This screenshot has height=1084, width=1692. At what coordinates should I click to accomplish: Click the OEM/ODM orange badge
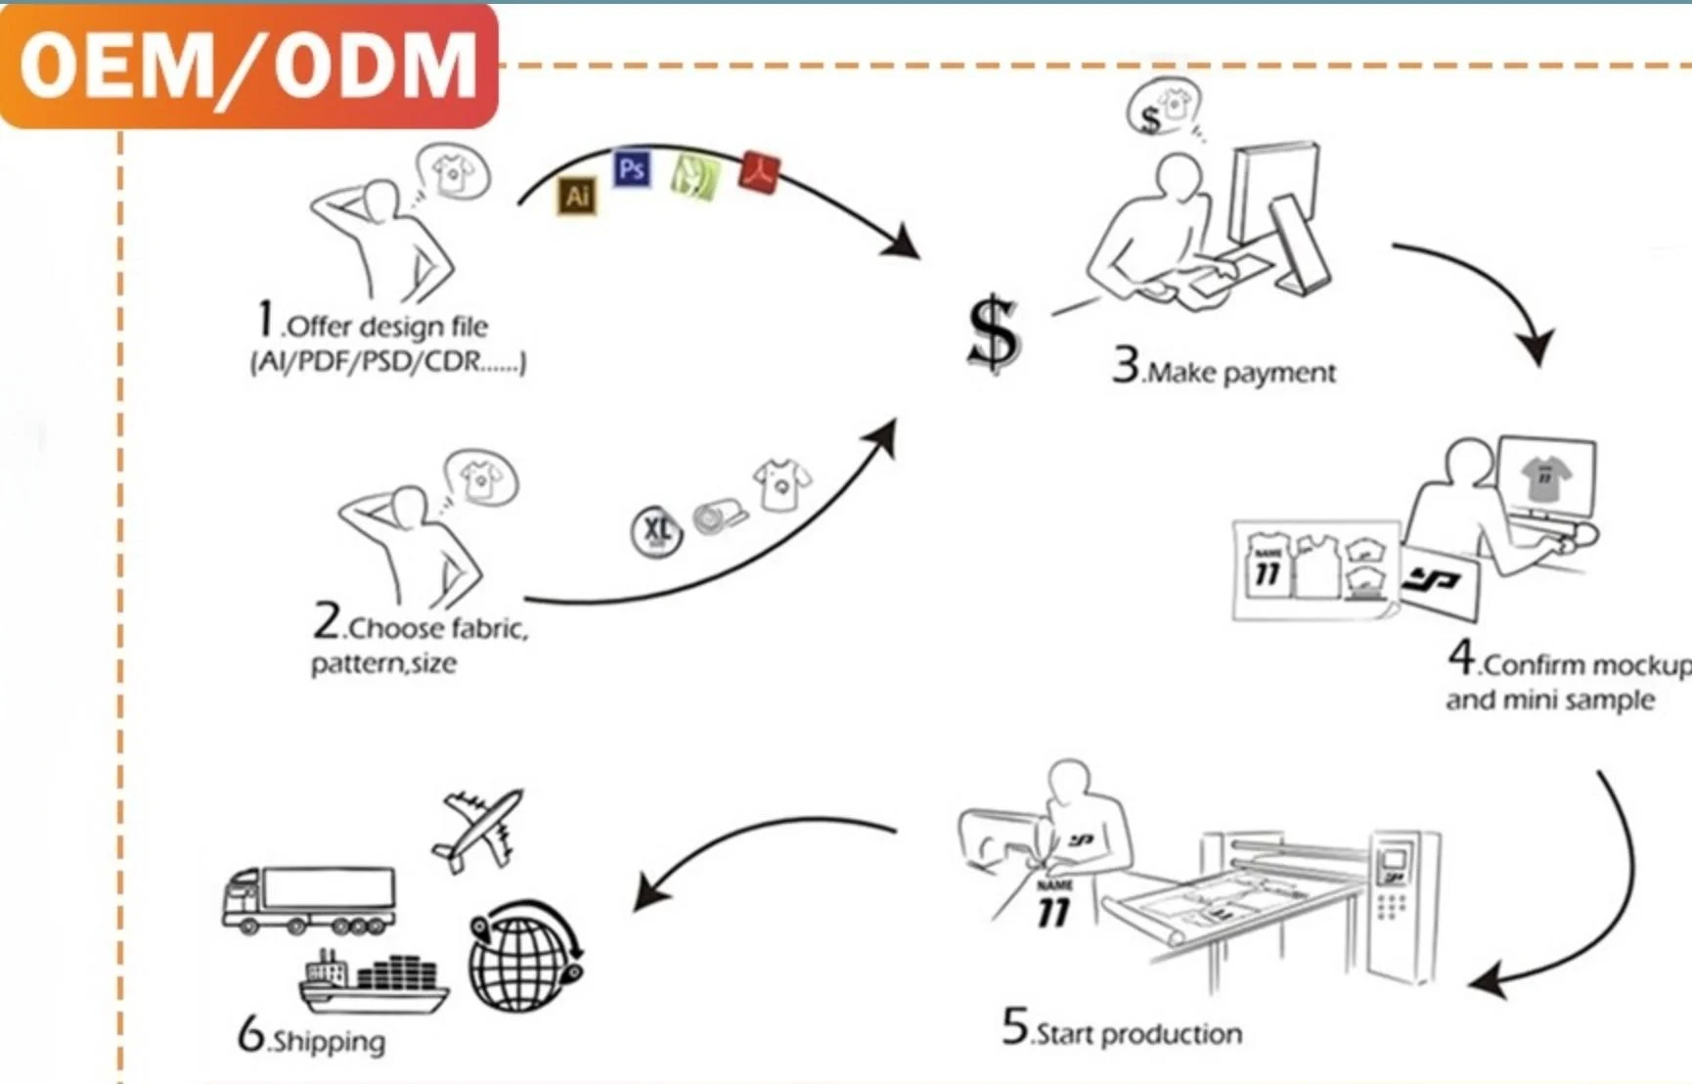248,65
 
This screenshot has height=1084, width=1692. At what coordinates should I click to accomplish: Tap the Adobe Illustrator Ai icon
577,196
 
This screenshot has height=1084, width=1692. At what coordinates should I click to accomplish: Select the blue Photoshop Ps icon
632,169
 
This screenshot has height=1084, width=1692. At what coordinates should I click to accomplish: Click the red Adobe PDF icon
760,172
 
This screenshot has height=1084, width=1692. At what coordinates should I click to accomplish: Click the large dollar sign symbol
993,334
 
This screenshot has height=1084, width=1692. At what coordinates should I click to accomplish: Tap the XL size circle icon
656,531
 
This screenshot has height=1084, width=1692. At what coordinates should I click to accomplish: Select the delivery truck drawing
309,898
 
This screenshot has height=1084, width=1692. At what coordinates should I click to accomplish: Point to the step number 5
1015,1026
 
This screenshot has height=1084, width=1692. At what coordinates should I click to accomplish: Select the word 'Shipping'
329,1041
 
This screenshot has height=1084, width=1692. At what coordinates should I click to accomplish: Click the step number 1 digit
265,319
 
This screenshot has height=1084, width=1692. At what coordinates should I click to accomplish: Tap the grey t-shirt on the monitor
1545,478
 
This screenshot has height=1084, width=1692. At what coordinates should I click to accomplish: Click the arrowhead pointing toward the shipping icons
648,891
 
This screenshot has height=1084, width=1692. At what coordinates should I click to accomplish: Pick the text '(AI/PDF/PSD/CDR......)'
388,362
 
